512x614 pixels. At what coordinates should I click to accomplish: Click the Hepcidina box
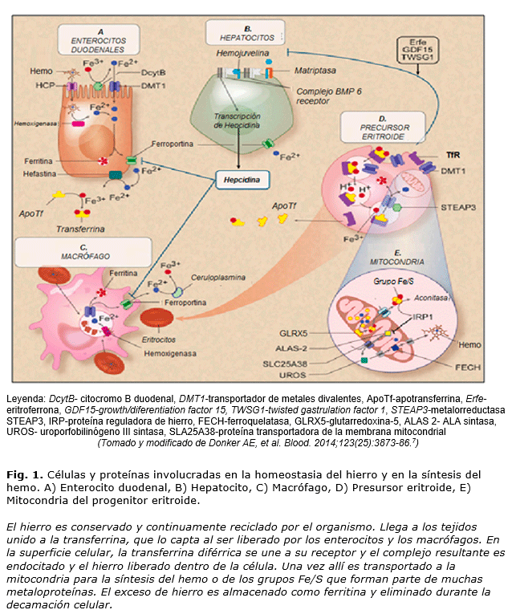coord(242,180)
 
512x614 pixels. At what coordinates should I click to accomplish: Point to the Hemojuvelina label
coord(242,51)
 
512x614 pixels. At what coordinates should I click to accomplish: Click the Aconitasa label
coord(430,296)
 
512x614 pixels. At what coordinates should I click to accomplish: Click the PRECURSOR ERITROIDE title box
coord(382,125)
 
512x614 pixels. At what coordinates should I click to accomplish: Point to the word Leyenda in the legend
coord(26,399)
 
